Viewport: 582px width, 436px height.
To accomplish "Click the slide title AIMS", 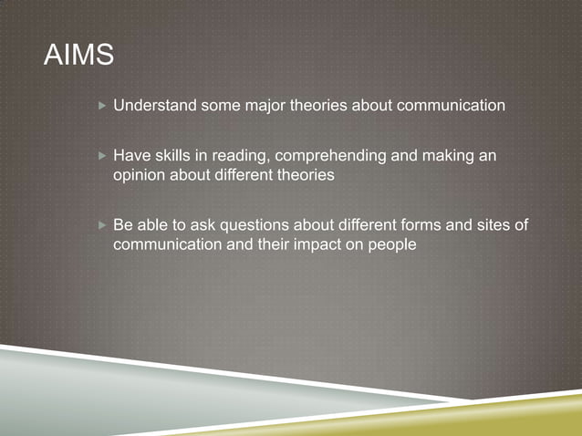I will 78,57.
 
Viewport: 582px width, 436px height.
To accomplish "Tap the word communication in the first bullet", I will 449,106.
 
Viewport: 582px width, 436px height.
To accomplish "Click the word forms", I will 427,224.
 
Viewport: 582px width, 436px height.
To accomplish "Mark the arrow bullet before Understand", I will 101,106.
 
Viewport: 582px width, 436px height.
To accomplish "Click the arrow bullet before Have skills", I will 101,156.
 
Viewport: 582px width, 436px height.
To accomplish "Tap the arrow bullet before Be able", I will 101,224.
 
